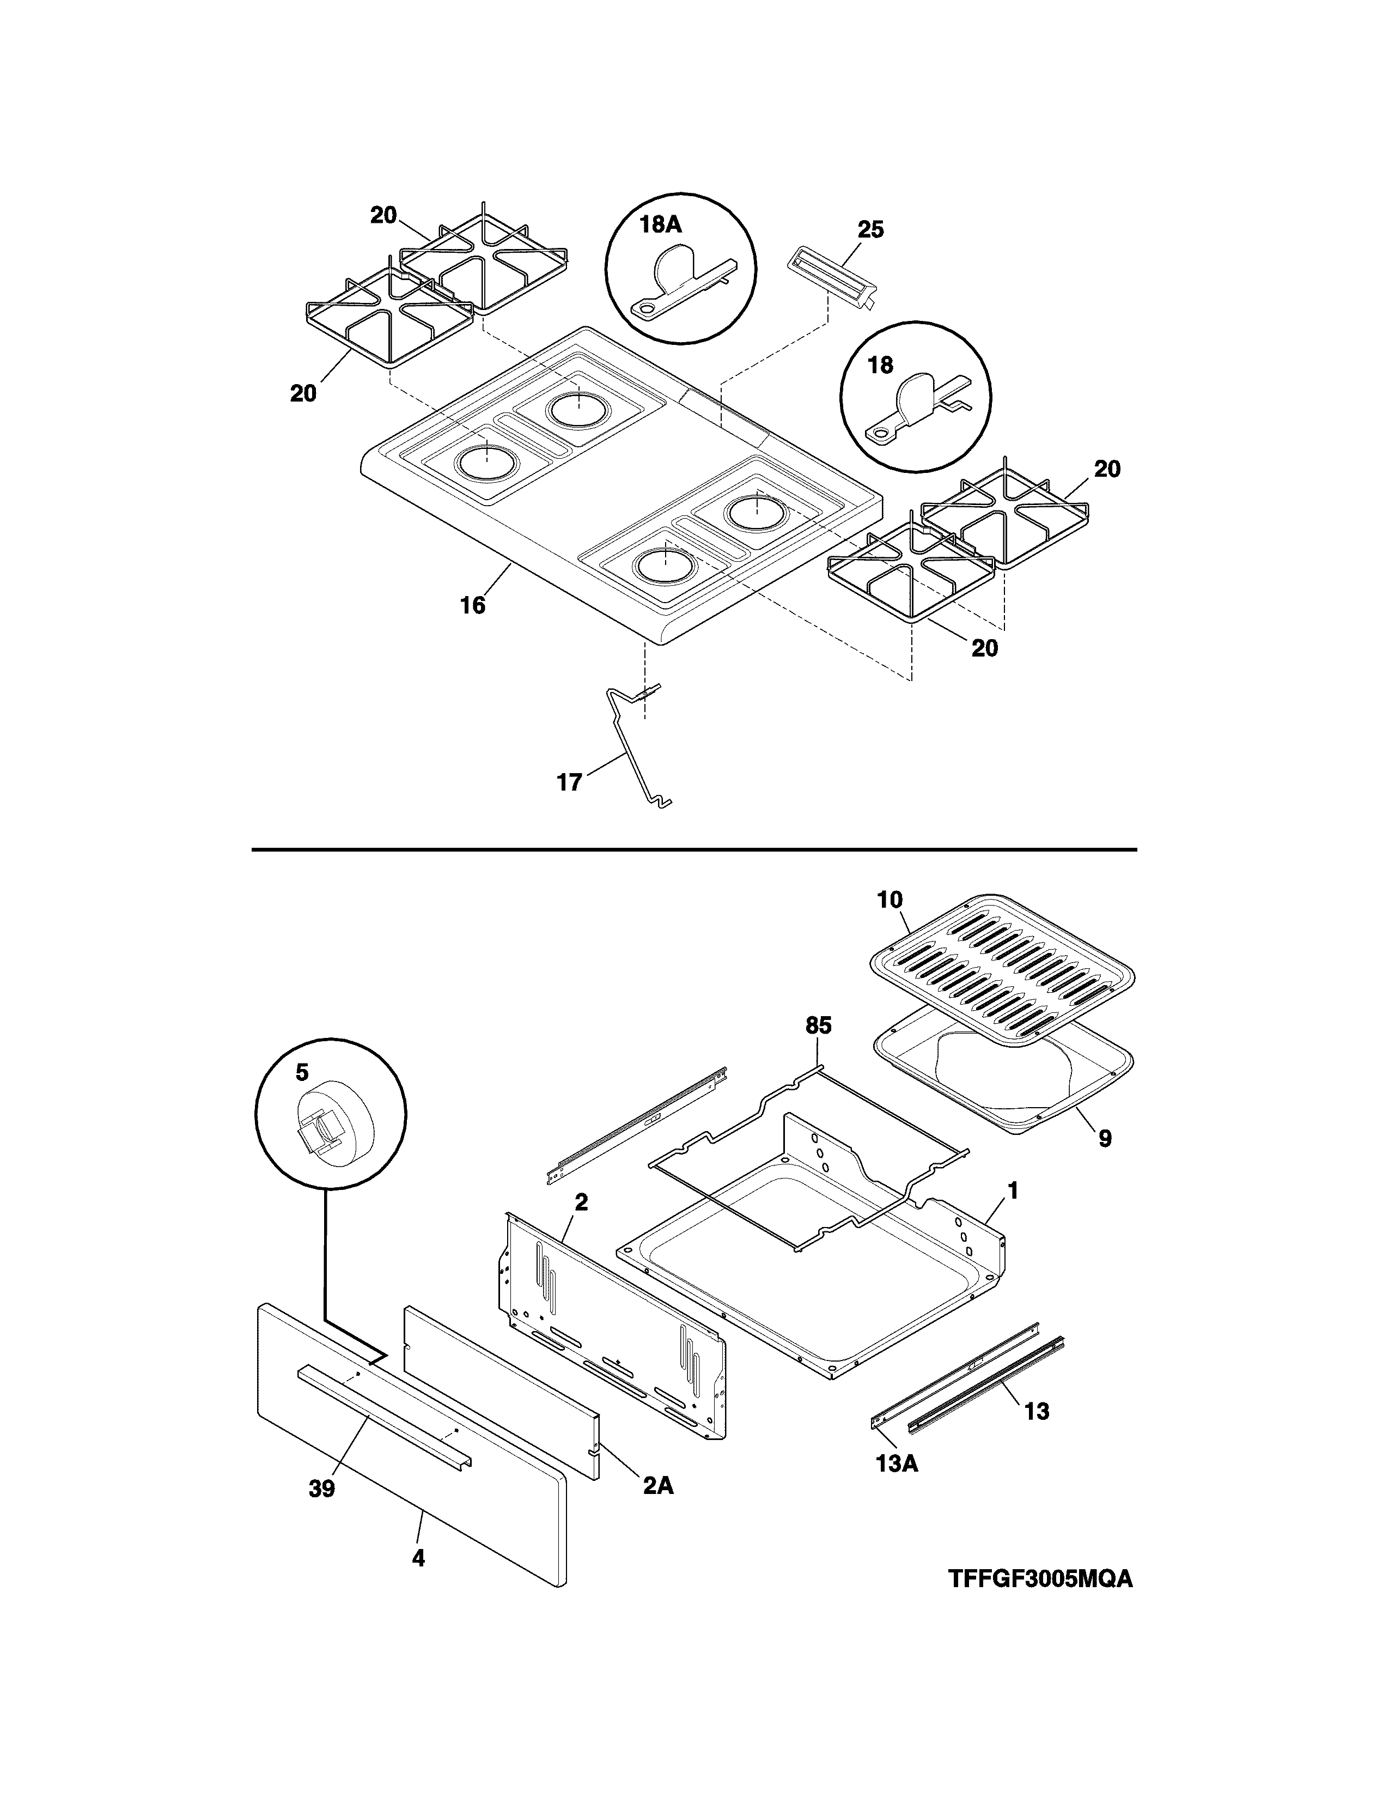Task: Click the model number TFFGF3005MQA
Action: (1039, 1579)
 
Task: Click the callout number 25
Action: (870, 230)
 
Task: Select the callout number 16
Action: (472, 605)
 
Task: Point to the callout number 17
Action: (569, 781)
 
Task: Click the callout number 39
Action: (322, 1489)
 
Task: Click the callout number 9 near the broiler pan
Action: (1104, 1139)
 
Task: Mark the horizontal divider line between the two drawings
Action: (693, 849)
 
